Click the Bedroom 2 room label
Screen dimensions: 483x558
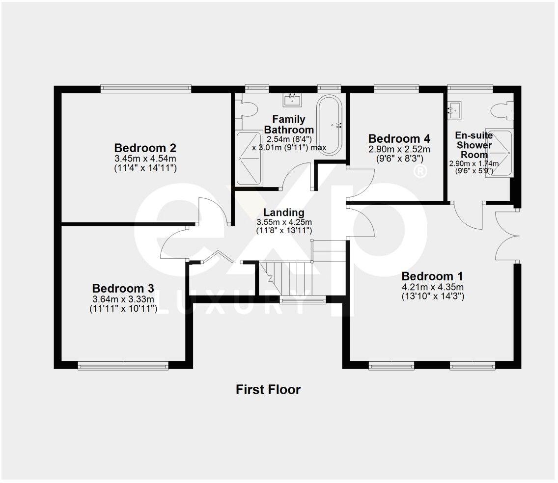click(145, 148)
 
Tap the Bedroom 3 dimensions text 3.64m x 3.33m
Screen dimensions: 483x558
click(123, 299)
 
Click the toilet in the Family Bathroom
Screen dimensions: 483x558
click(247, 109)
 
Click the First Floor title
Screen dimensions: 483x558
click(268, 390)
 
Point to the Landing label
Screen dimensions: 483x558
click(284, 213)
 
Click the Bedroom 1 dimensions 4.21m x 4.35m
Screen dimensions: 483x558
click(433, 287)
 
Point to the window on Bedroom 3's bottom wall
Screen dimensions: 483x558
click(123, 365)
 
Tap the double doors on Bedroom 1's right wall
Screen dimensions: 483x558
click(507, 236)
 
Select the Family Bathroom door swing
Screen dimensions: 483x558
click(298, 177)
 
